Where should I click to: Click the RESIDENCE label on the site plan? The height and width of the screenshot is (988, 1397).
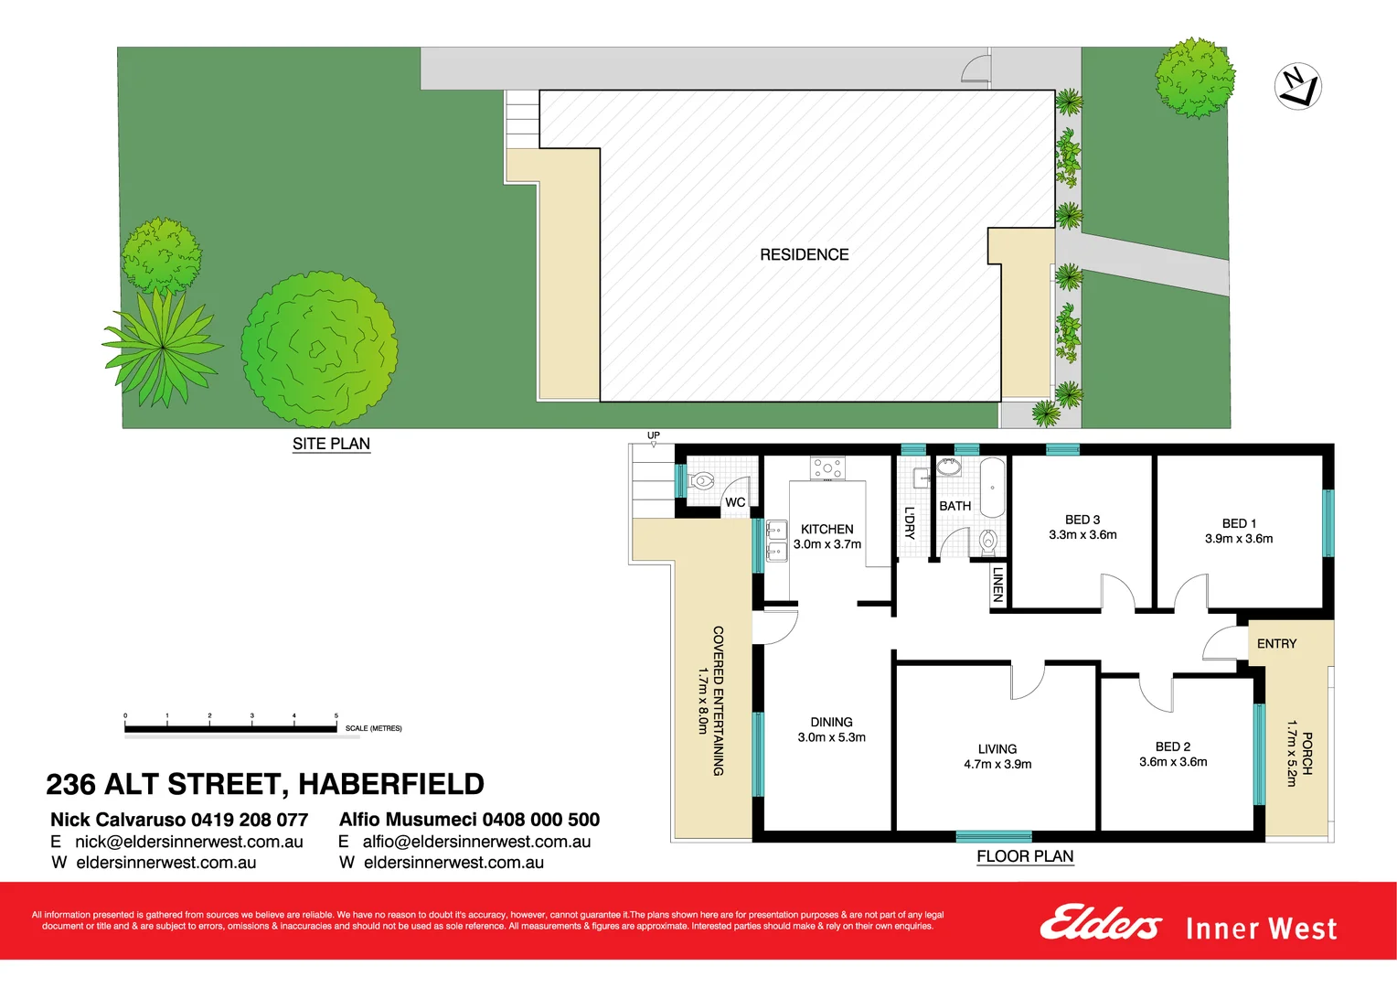[804, 254]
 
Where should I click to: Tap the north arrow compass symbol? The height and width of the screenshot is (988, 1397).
[1297, 87]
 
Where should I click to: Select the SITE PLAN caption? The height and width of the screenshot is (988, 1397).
[331, 444]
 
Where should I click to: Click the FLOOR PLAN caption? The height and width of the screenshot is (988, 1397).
[1025, 856]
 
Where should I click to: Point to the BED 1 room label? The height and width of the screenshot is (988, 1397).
[1239, 523]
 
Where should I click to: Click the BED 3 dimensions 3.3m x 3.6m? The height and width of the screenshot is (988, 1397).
[1082, 535]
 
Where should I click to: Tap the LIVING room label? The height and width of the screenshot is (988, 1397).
[997, 748]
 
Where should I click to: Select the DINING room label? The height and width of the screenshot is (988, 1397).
[831, 722]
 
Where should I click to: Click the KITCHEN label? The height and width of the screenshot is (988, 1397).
[826, 529]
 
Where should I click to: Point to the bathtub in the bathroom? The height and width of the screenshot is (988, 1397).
[991, 489]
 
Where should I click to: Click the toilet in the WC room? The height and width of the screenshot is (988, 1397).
[701, 480]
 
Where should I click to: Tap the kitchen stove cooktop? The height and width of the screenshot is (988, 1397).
[827, 468]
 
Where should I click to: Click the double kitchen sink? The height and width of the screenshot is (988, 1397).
[776, 540]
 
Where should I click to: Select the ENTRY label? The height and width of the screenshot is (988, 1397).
[1276, 644]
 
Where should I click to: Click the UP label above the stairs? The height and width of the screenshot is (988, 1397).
[653, 435]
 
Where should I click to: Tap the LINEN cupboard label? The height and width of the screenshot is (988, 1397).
[997, 584]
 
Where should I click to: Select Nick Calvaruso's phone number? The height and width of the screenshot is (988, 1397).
[249, 820]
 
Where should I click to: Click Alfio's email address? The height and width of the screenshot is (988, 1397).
[476, 842]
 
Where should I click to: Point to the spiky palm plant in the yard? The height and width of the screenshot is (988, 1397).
[163, 346]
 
